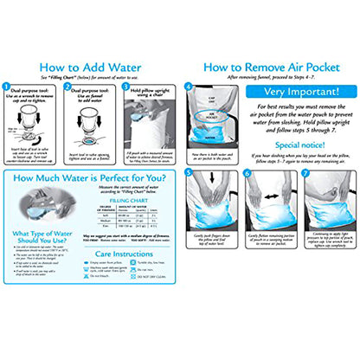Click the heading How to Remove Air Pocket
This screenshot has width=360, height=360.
[267, 66]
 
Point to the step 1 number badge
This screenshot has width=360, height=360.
[6, 86]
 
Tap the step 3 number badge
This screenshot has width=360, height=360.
[125, 86]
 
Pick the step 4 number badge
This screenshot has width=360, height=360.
[187, 86]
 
